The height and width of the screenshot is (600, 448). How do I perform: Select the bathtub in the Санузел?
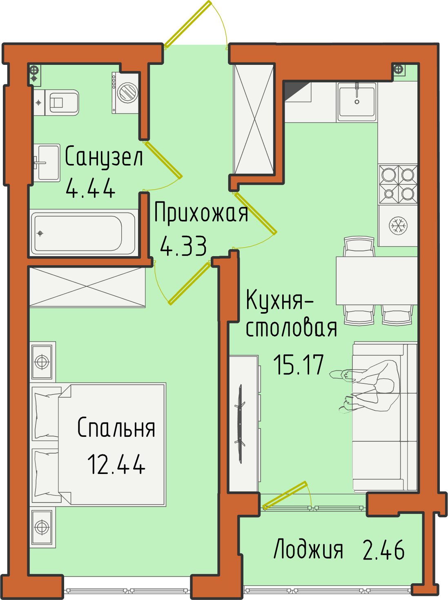pyautogui.click(x=83, y=233)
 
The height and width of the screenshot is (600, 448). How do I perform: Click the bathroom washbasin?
pyautogui.click(x=47, y=163)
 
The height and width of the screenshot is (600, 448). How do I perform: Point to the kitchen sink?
pyautogui.click(x=357, y=102)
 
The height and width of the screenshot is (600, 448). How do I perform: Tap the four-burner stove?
pyautogui.click(x=398, y=184)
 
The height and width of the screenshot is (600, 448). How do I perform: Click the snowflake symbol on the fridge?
pyautogui.click(x=398, y=226)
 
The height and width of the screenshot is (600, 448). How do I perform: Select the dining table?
pyautogui.click(x=377, y=281)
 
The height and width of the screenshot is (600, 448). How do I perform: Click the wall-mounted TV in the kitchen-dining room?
pyautogui.click(x=240, y=424)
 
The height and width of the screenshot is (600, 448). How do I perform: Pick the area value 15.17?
pyautogui.click(x=299, y=364)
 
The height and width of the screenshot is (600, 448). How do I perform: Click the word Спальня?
pyautogui.click(x=116, y=427)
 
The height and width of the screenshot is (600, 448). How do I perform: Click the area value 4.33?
pyautogui.click(x=183, y=246)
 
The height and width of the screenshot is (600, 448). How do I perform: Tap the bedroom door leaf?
pyautogui.click(x=189, y=283)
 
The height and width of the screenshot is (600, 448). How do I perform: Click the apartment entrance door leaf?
pyautogui.click(x=188, y=24)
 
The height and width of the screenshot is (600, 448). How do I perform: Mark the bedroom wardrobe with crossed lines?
pyautogui.click(x=87, y=287)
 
